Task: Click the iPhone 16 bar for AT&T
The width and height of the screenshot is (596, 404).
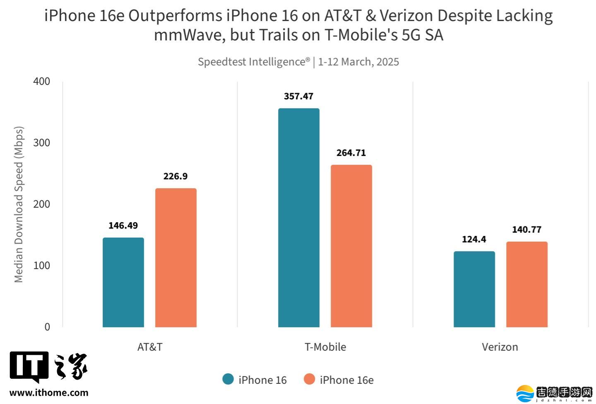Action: click(123, 282)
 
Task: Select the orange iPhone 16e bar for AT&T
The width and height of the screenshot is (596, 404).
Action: click(175, 257)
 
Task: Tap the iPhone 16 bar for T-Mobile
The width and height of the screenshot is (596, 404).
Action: click(298, 218)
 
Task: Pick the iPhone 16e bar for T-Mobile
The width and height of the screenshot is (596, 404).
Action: click(351, 246)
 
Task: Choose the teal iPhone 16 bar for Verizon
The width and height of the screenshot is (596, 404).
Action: click(474, 289)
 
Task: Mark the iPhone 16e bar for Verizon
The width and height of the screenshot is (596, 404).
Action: click(526, 284)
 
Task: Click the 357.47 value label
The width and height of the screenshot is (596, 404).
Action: click(298, 96)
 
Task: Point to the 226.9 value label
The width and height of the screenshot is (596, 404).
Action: click(175, 176)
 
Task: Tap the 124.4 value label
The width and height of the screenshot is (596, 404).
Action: click(474, 239)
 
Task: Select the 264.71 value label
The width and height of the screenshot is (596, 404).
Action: click(351, 153)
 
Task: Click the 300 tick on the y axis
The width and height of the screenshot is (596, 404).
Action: click(41, 143)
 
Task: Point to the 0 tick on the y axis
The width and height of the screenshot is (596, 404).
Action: click(47, 327)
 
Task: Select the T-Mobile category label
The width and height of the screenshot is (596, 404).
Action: click(325, 347)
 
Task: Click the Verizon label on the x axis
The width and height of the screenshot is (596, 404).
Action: click(500, 347)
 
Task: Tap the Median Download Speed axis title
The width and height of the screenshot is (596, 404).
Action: click(19, 204)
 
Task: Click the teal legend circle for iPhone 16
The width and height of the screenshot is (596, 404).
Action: click(228, 379)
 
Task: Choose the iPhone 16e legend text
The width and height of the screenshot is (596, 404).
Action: click(346, 380)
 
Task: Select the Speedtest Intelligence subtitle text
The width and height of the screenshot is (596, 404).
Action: click(253, 62)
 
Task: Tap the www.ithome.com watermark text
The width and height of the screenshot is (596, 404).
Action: click(49, 392)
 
